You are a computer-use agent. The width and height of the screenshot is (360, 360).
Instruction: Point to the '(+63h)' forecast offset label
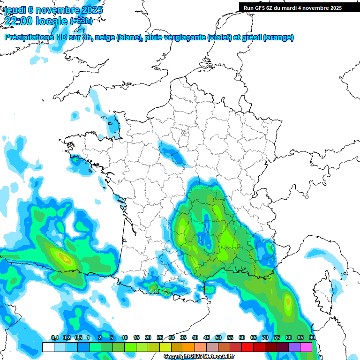tap(81, 21)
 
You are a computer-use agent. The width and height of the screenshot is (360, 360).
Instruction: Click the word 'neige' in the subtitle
tap(105, 37)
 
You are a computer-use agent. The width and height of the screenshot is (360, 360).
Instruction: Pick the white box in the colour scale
tap(48, 347)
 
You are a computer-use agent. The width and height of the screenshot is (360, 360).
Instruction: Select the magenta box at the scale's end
tap(306, 347)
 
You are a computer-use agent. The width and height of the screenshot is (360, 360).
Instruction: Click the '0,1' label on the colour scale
tap(54, 337)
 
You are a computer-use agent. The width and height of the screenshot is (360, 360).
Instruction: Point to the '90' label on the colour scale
tap(312, 337)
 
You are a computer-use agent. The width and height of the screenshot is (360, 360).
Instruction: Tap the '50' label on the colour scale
tap(218, 337)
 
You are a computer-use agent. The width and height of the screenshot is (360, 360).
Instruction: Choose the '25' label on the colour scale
tap(160, 337)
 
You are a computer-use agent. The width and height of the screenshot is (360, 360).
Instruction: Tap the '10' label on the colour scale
tap(125, 337)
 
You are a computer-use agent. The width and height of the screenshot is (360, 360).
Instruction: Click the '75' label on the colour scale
tap(277, 337)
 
